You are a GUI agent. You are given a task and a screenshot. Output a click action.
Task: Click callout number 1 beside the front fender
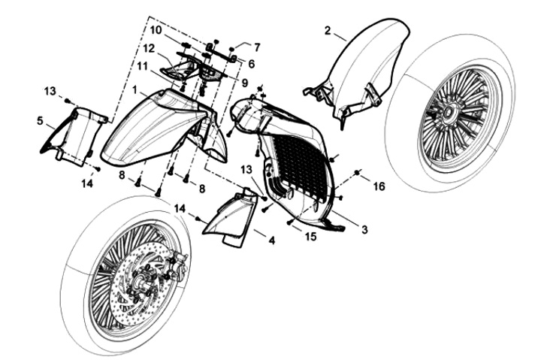coord(134,89)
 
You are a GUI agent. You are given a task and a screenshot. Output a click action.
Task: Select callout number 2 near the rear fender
coord(328,30)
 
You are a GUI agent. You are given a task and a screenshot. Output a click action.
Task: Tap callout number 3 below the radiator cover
coord(364,230)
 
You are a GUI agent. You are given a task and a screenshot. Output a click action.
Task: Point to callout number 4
coord(271,241)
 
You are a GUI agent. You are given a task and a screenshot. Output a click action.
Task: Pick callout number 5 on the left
coord(40,119)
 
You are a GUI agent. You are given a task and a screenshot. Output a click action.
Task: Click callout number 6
coord(251,64)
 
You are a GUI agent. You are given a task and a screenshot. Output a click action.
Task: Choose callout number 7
coord(256,47)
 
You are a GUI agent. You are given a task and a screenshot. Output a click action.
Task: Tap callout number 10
coord(156,31)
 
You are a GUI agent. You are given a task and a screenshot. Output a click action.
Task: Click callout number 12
coord(149,49)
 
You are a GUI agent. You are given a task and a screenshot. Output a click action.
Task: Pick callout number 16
coord(379,186)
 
